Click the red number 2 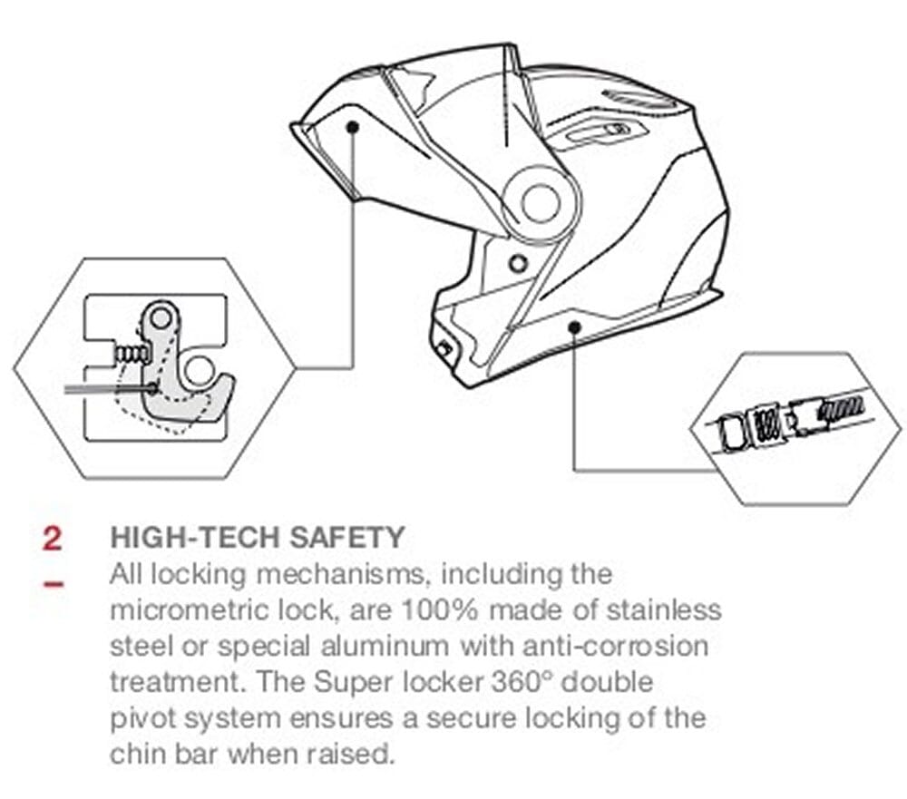pos(52,538)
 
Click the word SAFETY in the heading pos(346,538)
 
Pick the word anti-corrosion pos(616,646)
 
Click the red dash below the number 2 pos(54,583)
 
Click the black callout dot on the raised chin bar pos(352,127)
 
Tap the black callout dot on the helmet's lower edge pos(574,327)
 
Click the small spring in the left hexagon pos(132,353)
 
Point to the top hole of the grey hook pos(161,317)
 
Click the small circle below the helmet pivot pos(518,264)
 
